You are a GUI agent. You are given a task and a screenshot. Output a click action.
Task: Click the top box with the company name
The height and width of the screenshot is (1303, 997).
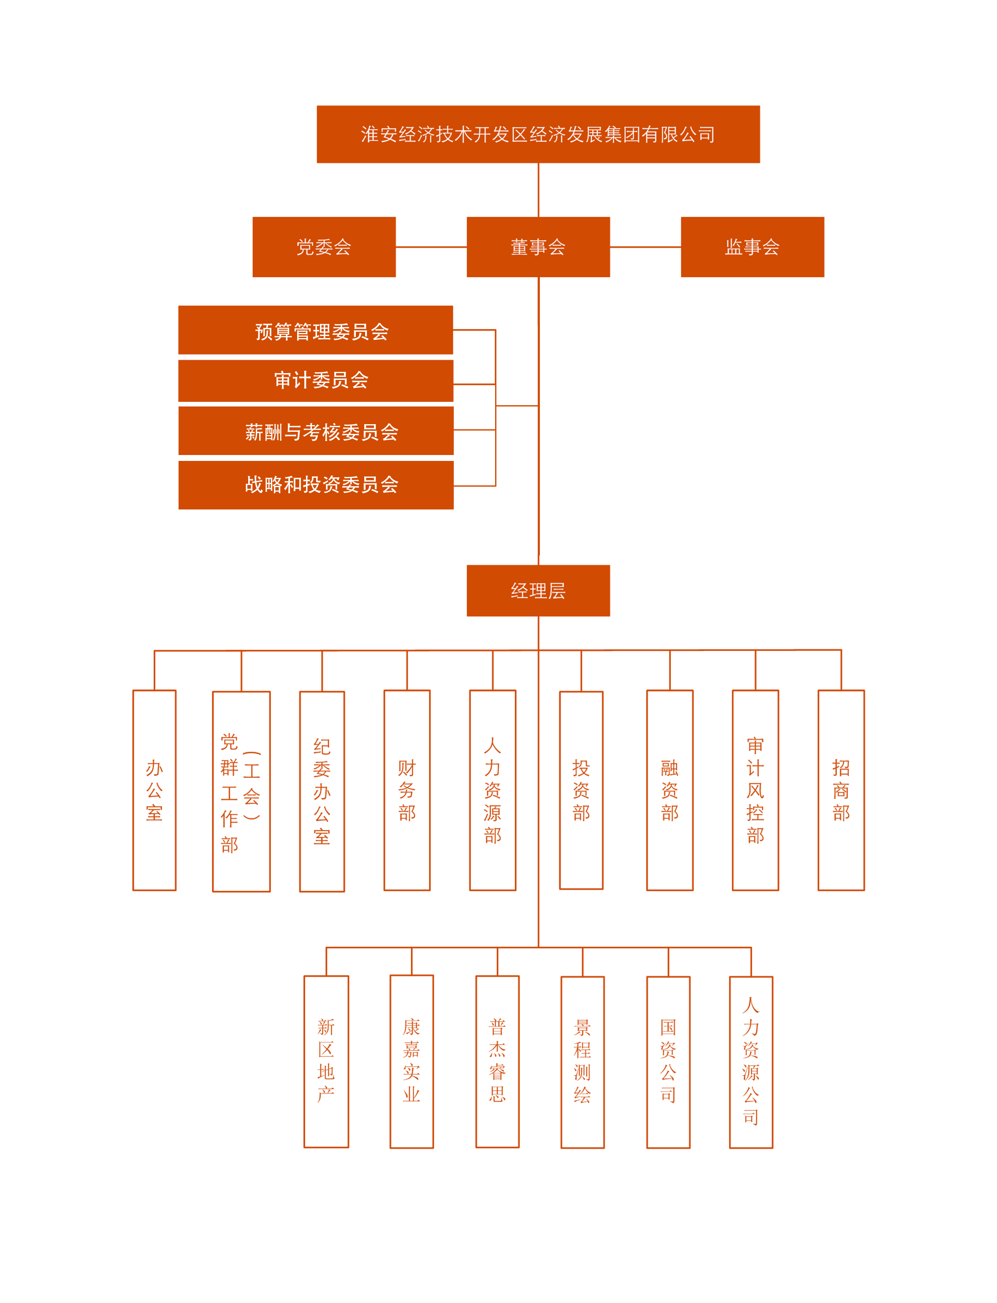538,134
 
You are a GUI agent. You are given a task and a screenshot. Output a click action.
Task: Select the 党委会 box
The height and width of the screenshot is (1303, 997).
324,247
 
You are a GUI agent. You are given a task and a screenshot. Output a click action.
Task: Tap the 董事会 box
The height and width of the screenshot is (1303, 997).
538,247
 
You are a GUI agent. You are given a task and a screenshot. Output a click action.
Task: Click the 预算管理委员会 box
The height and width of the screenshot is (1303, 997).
315,330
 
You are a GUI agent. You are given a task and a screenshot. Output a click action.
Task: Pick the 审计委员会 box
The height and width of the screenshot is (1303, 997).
315,381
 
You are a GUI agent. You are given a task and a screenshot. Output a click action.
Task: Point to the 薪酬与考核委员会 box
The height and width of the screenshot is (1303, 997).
315,431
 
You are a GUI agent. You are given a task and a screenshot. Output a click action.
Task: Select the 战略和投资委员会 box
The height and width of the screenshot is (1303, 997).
315,485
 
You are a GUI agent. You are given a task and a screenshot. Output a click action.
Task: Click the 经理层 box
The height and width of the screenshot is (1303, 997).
538,591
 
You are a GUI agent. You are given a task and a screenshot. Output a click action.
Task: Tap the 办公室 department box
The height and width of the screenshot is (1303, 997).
154,790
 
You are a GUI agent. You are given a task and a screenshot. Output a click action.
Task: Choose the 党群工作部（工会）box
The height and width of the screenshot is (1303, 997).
241,791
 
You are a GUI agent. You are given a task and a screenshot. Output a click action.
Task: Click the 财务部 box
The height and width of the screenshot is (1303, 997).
406,790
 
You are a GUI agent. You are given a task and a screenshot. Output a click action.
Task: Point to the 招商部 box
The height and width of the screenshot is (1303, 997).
840,790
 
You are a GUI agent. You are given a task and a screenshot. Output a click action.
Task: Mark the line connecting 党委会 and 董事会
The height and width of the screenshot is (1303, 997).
431,247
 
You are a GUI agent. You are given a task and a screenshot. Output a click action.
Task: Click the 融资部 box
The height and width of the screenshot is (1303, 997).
669,790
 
